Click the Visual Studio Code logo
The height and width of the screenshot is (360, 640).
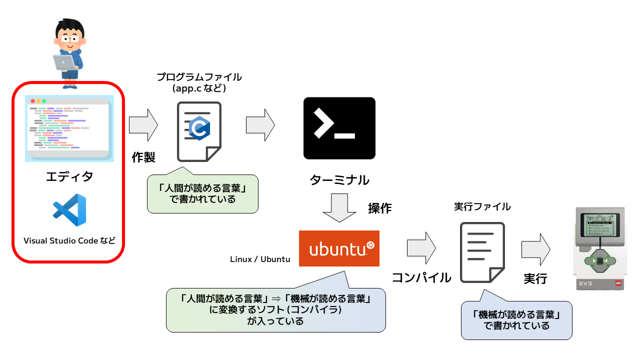[x=69, y=209]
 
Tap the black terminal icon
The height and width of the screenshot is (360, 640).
[x=339, y=128]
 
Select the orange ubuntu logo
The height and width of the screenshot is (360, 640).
[x=339, y=248]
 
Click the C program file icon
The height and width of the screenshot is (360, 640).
[x=199, y=131]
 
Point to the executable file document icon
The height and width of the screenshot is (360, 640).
[x=482, y=252]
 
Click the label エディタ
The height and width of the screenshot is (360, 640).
[x=69, y=176]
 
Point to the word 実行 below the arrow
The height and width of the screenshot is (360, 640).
[x=535, y=278]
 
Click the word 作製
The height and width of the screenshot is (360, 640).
[x=143, y=157]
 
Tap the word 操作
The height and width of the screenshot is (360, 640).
[x=380, y=208]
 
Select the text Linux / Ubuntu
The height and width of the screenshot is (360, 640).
[x=260, y=259]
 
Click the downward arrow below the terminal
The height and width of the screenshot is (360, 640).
[x=339, y=209]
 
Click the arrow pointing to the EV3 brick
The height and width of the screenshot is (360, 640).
[x=535, y=248]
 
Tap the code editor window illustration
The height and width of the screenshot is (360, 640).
[x=69, y=128]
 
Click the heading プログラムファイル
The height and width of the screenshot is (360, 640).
[x=199, y=77]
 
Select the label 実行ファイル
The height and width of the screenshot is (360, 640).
[x=482, y=206]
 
